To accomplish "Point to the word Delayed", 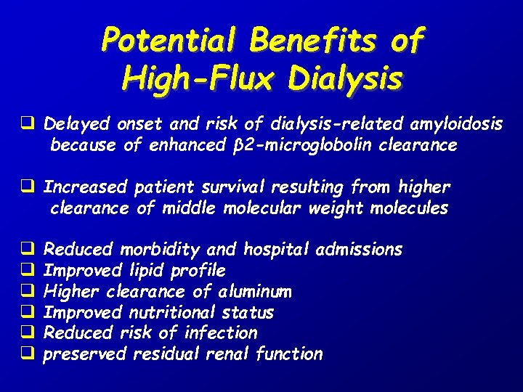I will (73, 124).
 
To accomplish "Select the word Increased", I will (84, 187).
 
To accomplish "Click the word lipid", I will (147, 271).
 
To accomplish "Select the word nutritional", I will (169, 313).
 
